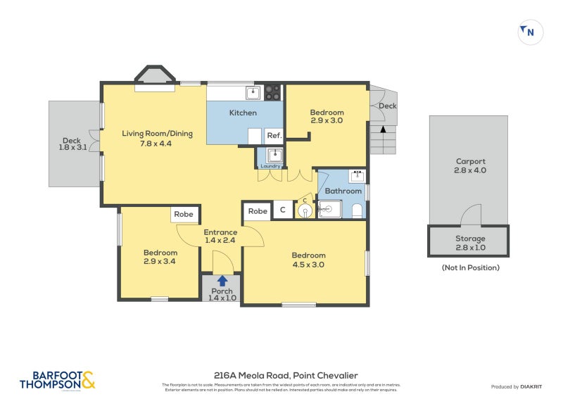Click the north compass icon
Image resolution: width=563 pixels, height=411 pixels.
530,32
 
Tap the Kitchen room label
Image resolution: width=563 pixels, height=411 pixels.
243,113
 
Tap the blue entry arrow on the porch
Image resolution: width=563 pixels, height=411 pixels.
222,281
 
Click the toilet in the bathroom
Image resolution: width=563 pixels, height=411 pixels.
357,209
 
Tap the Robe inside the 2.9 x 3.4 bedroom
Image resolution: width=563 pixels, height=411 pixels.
184,215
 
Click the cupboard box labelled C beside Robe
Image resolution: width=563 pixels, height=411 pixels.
283,210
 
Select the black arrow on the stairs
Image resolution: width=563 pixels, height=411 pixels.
383,129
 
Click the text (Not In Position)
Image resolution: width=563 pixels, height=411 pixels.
470,267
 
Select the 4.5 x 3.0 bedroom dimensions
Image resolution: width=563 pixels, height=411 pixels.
308,265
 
